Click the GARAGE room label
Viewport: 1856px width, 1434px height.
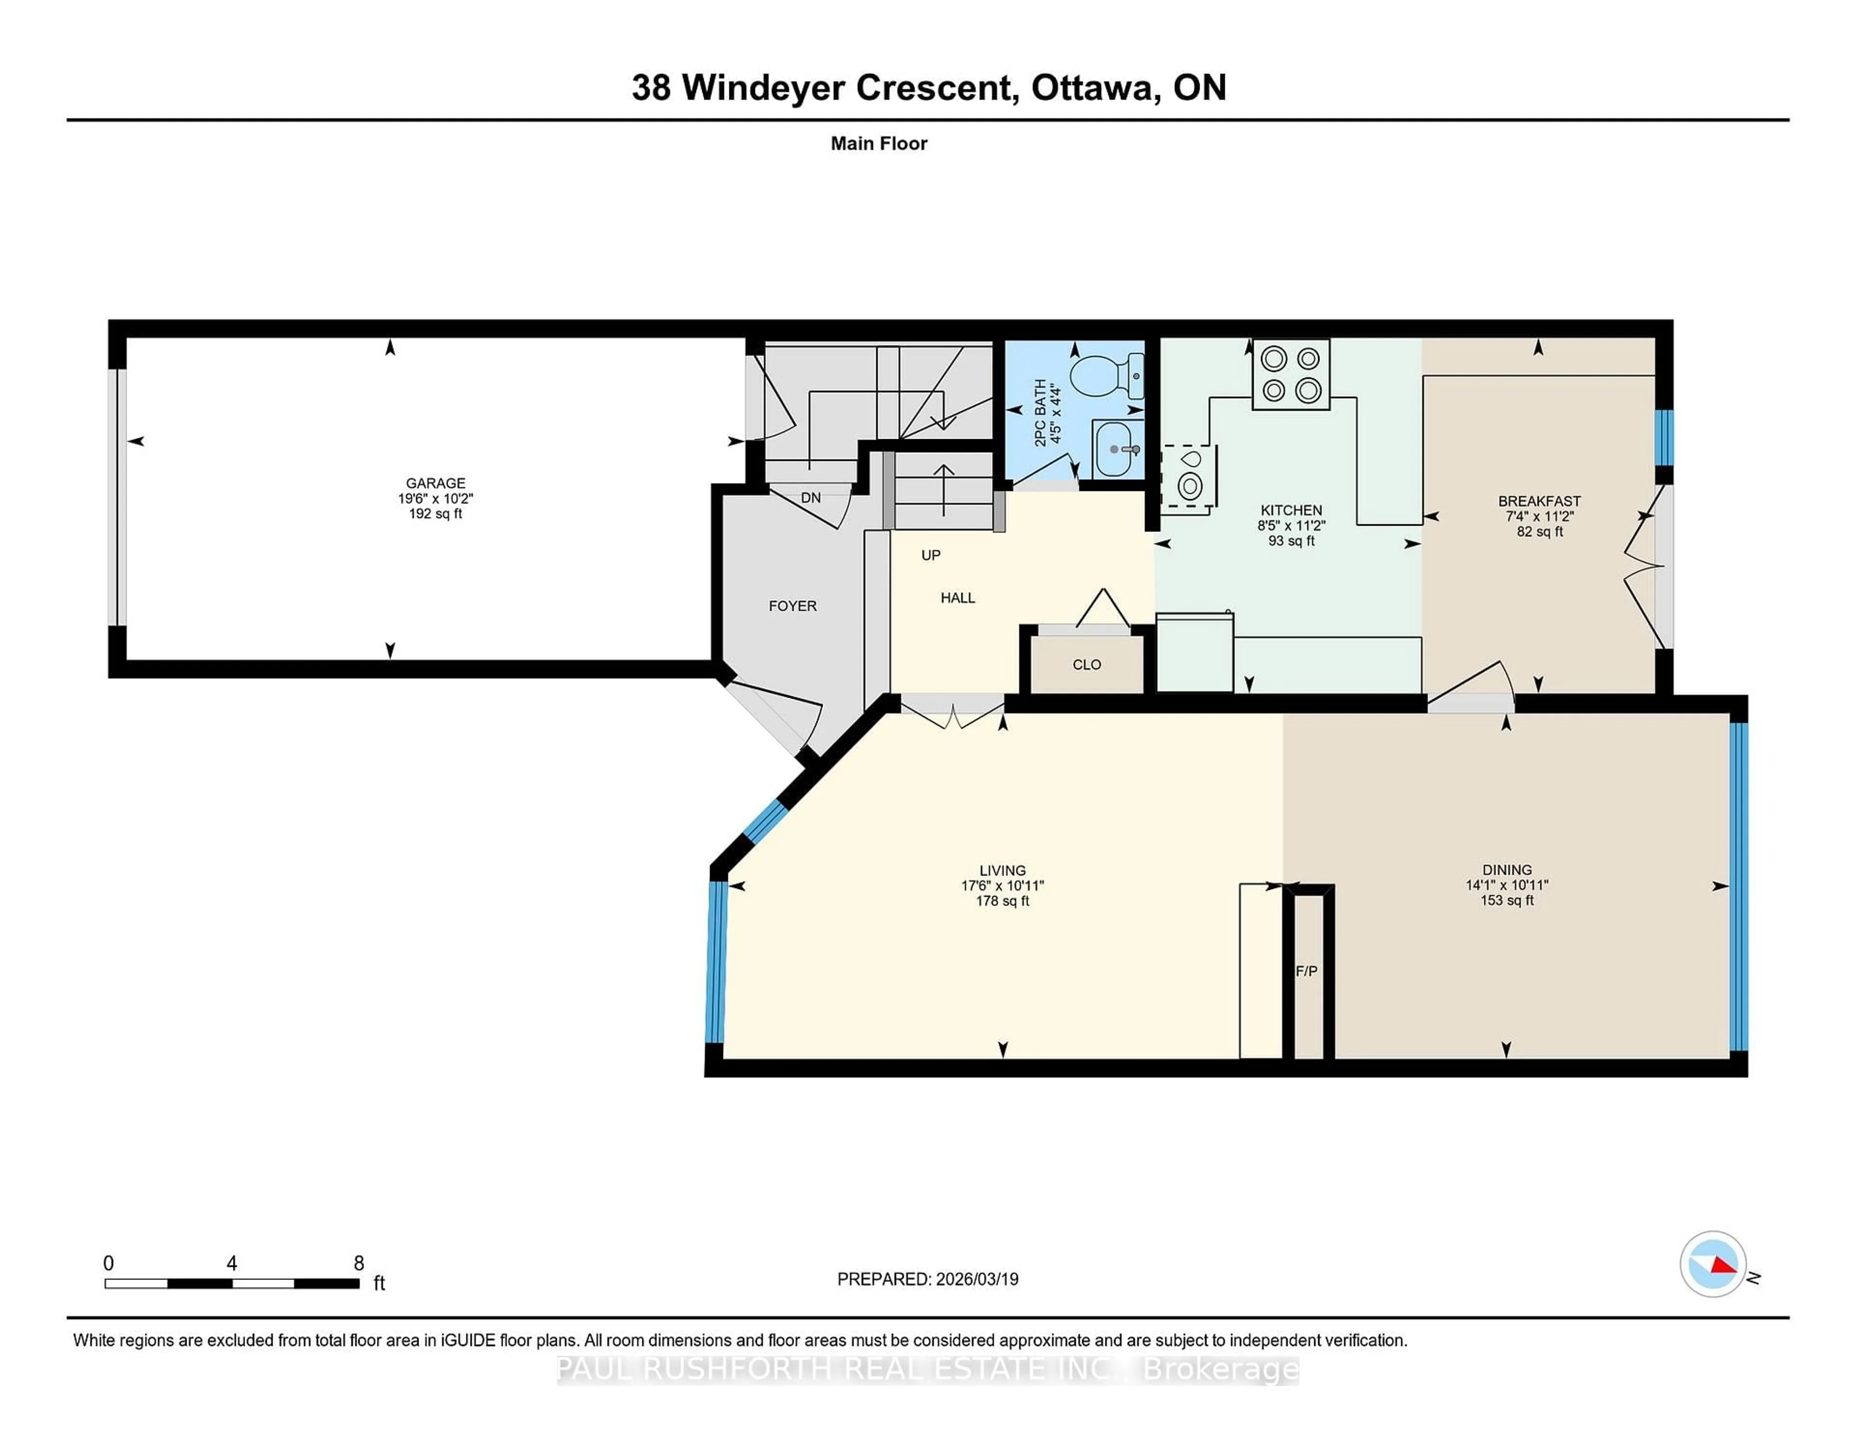(x=435, y=483)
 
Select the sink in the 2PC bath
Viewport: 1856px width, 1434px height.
(x=1115, y=448)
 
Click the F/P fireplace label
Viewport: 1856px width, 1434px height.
(x=1306, y=971)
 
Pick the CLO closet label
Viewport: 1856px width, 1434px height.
(x=1086, y=664)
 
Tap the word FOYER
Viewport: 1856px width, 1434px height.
(x=792, y=606)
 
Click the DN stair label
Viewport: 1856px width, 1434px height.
(x=811, y=498)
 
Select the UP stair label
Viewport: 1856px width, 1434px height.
(x=930, y=555)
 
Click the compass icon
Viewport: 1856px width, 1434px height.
(x=1712, y=1264)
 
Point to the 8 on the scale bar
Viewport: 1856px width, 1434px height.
(x=359, y=1263)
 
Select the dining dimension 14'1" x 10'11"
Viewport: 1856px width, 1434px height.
(x=1507, y=884)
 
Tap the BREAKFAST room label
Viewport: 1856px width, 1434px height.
(x=1539, y=501)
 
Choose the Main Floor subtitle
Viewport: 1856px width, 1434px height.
(x=879, y=143)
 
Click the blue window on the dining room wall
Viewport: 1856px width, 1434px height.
(x=1738, y=886)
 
